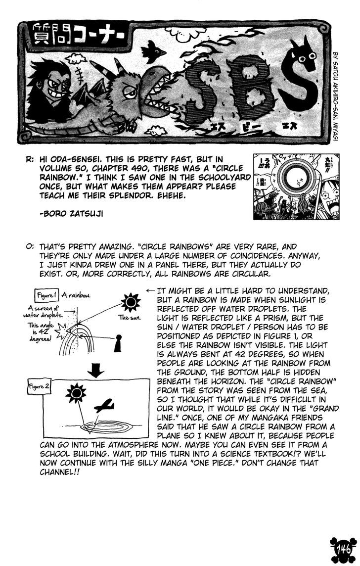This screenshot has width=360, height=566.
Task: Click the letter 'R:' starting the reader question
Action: [31, 160]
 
